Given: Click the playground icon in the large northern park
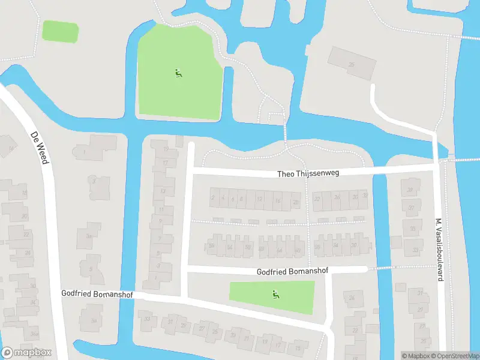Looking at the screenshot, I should pos(178,74).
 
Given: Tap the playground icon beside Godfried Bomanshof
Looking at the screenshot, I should pos(275,294).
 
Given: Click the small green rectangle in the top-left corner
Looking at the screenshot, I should pos(60,31).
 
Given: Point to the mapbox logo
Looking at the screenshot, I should pos(26,352).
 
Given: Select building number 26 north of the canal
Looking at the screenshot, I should pos(352,65).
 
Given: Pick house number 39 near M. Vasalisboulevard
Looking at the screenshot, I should pos(411,190).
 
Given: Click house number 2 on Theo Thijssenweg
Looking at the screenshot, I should pos(212,197).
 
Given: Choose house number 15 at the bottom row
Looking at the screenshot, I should pos(298,346).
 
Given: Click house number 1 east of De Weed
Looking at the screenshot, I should pos(85,152).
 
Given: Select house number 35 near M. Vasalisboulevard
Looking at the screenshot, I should pos(412,229).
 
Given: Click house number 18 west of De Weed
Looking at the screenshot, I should pos(25,193).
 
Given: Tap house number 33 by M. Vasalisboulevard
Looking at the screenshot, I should pos(415,250).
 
